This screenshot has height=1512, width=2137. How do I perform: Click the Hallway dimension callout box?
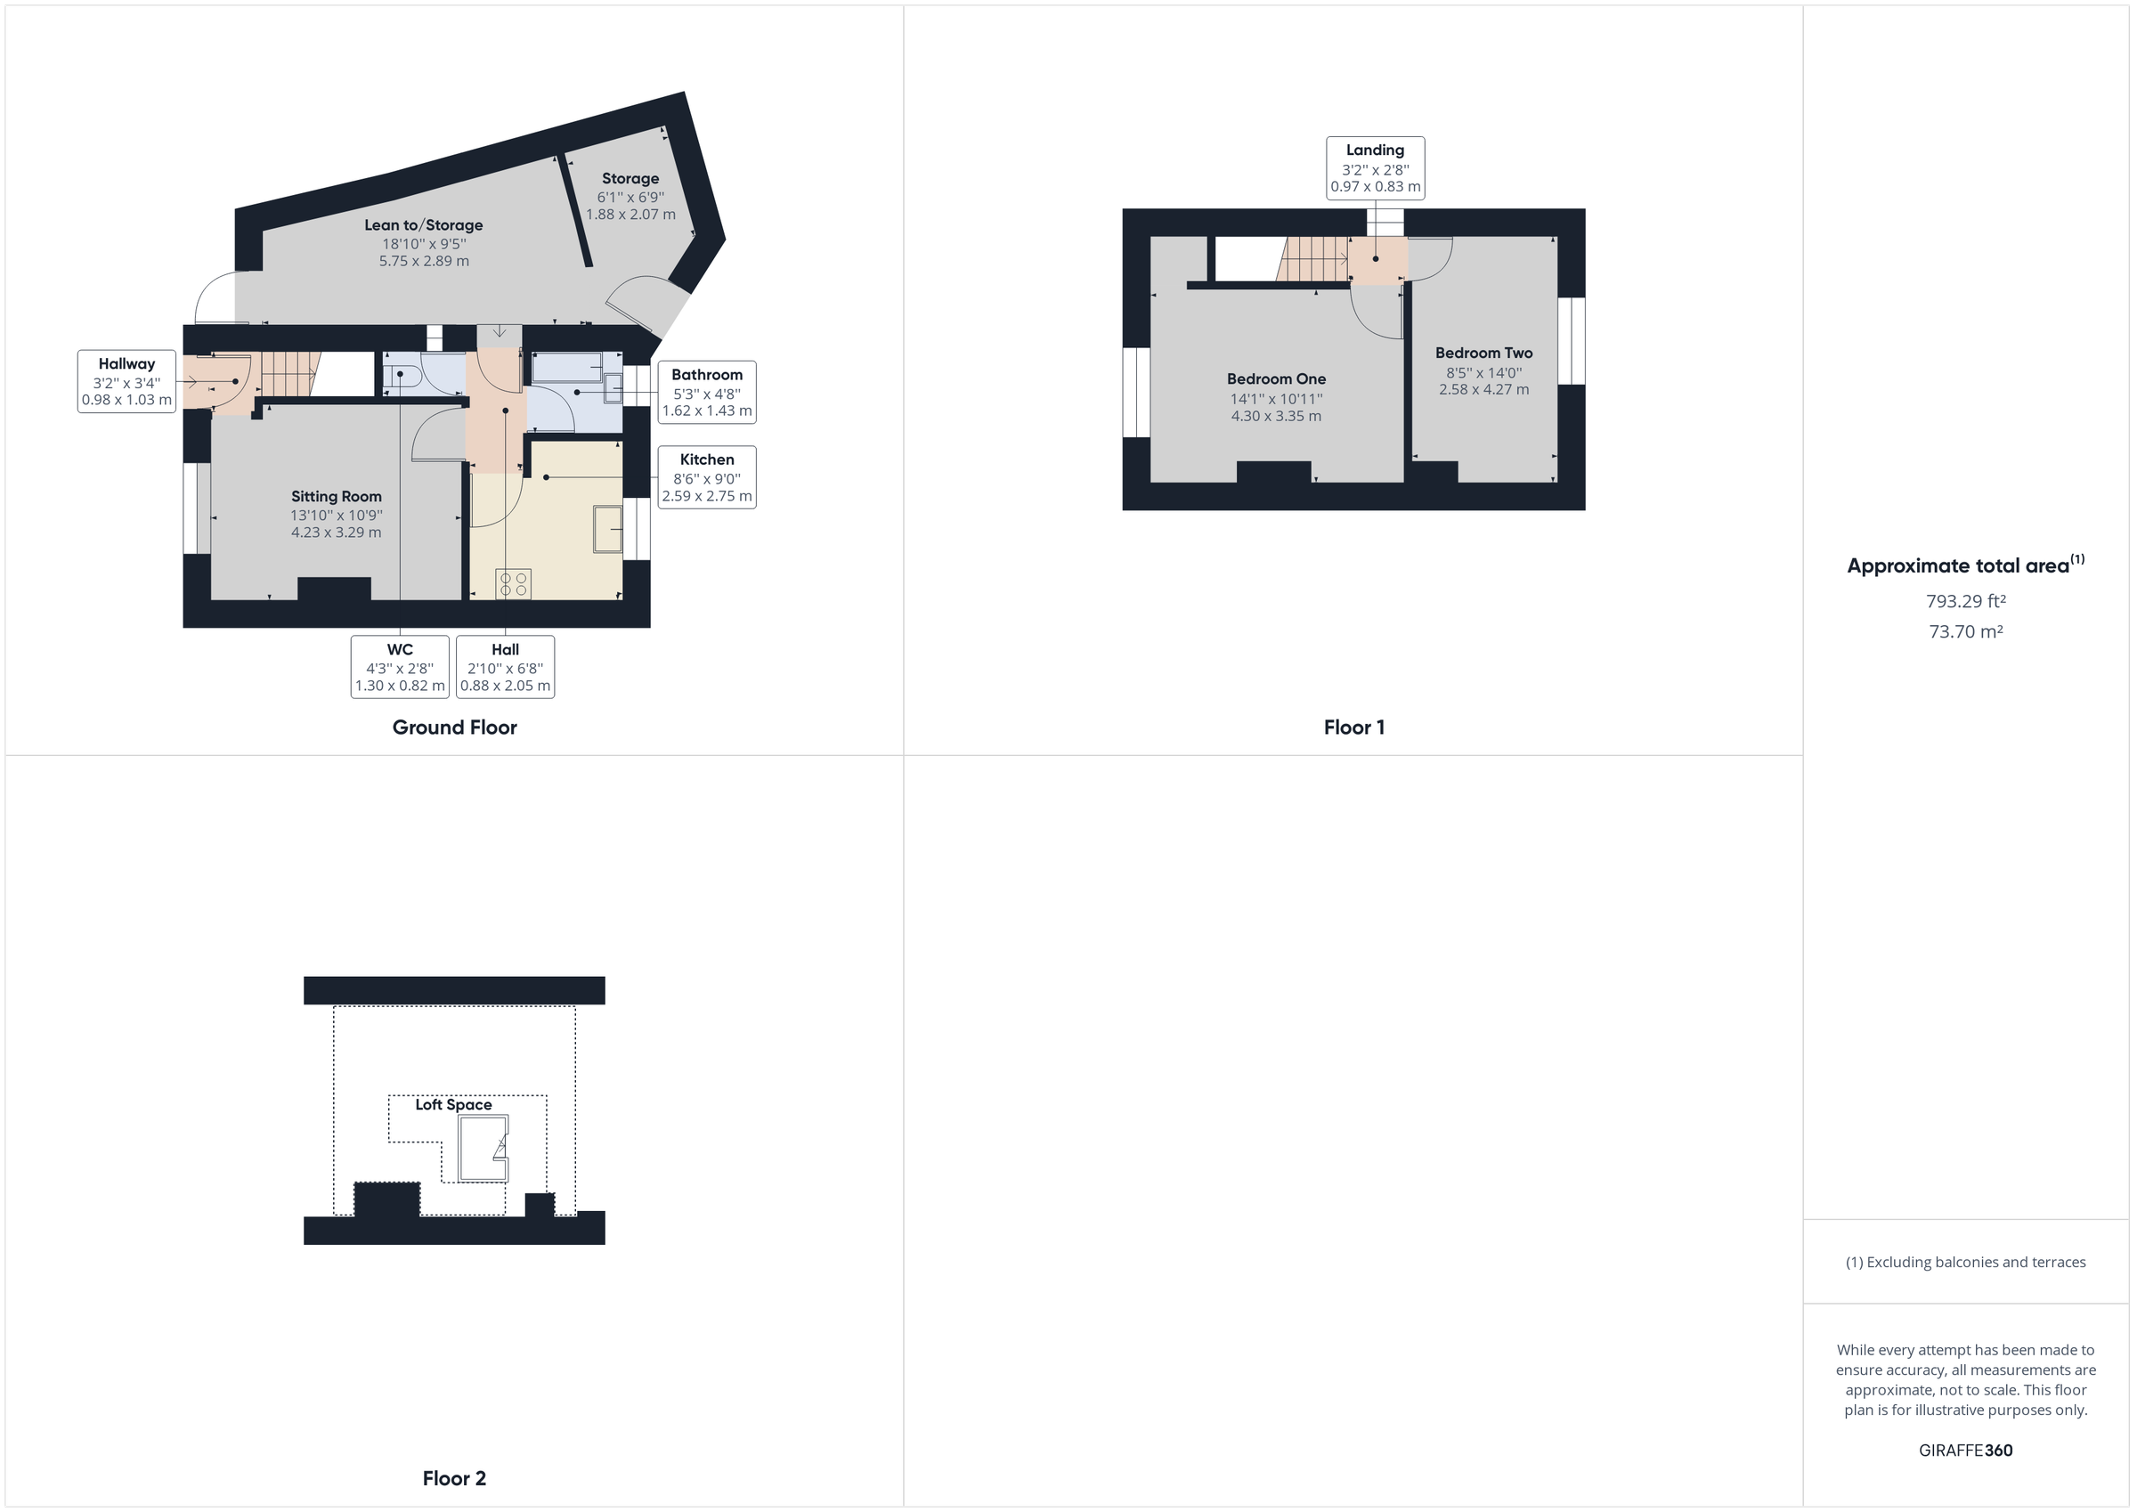[126, 382]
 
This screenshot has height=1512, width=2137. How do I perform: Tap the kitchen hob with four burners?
[513, 584]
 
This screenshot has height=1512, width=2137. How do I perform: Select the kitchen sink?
[608, 529]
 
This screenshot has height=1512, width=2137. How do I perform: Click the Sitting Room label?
[336, 496]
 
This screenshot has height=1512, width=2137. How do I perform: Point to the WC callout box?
[400, 667]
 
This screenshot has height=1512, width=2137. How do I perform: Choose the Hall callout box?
[506, 667]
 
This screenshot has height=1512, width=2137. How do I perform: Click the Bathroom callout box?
[706, 392]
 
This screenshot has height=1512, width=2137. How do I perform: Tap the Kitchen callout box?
[706, 476]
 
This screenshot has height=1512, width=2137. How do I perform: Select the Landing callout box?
[1375, 167]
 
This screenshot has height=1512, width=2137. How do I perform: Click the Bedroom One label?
[1276, 379]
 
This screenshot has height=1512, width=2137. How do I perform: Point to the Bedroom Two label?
[1483, 353]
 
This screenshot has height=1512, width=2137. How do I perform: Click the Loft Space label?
[453, 1104]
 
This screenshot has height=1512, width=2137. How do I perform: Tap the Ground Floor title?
[454, 728]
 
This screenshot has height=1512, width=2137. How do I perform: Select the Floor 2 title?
[454, 1477]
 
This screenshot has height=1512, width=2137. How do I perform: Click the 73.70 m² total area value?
[1966, 631]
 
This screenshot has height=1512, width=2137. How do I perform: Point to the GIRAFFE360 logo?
[1966, 1450]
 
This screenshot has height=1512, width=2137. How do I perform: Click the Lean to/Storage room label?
[424, 224]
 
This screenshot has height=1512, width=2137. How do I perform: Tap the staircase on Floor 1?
[1314, 258]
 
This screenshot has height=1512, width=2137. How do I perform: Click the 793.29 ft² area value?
[1966, 601]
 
